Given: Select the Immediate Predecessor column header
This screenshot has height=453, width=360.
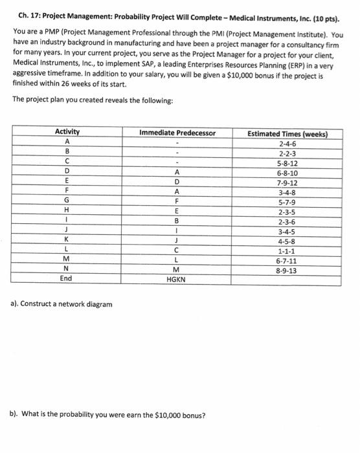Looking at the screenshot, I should [x=177, y=133].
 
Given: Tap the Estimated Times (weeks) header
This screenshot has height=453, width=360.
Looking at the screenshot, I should [x=287, y=134].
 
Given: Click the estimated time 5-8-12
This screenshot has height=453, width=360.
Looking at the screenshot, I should [x=287, y=163].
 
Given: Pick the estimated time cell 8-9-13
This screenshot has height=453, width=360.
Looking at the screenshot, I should [x=287, y=270].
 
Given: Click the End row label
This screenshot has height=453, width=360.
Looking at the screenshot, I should [x=66, y=279].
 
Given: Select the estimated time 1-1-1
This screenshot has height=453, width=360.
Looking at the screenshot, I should [x=287, y=250].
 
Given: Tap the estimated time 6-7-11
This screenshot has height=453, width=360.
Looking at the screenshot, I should [x=287, y=260].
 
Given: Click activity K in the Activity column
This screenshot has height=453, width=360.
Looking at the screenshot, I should [x=66, y=241].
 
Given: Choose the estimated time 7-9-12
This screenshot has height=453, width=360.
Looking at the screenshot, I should [x=287, y=182].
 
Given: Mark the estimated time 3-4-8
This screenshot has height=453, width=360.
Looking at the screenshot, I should [x=287, y=192].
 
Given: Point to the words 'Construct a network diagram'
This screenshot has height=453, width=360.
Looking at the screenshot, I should [x=65, y=304].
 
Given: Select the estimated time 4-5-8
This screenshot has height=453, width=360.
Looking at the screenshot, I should [x=287, y=241].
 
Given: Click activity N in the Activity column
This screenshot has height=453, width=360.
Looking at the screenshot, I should [x=66, y=270].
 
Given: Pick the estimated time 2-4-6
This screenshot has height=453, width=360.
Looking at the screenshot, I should [x=287, y=144].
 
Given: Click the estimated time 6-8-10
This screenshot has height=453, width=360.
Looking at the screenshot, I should [x=287, y=173].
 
